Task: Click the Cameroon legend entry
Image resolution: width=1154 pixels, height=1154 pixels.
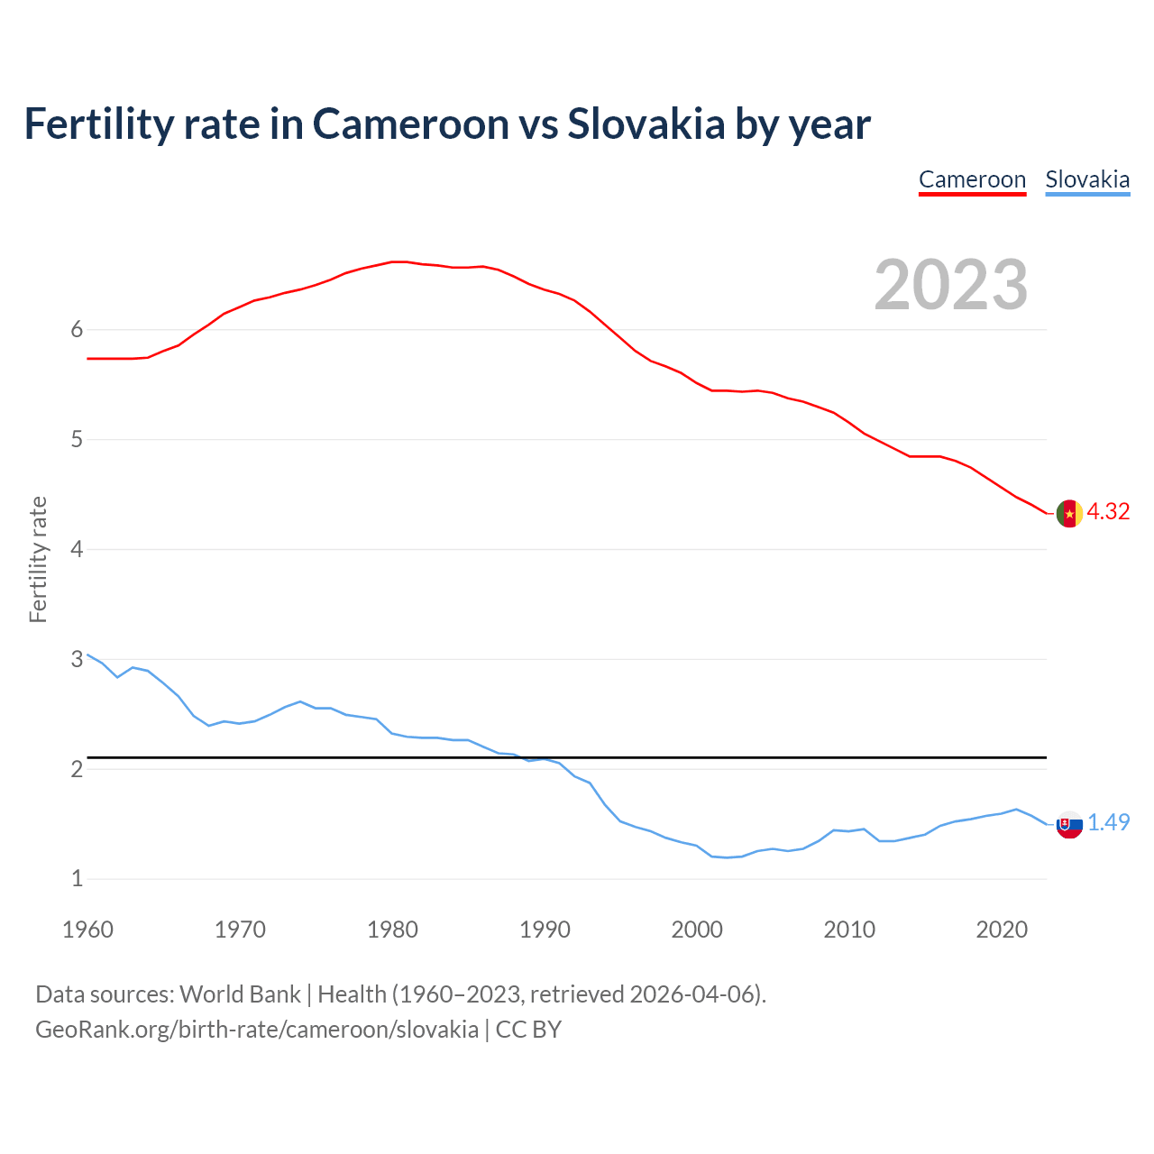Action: (972, 179)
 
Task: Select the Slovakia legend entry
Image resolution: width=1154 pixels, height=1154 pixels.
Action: (1087, 179)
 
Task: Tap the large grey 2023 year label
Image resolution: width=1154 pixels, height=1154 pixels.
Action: (950, 285)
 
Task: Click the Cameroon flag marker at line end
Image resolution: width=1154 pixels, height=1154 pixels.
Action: (1069, 513)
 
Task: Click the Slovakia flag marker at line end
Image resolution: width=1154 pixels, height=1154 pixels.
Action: (1069, 823)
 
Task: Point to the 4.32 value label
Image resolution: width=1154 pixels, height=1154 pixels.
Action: (1108, 511)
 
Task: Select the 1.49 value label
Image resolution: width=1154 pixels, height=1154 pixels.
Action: (1108, 822)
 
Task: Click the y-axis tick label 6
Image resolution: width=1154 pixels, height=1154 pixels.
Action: (77, 330)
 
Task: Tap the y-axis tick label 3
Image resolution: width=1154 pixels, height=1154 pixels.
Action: (77, 659)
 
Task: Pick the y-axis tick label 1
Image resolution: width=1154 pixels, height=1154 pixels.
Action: (77, 879)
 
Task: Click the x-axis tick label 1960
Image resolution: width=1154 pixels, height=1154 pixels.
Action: (87, 930)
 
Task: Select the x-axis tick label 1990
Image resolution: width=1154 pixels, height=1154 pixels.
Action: (545, 930)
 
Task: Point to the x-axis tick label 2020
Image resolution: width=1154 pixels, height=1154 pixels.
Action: (1002, 930)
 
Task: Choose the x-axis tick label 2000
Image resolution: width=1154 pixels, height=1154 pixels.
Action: (697, 930)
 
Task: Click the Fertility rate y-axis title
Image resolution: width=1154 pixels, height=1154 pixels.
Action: (38, 559)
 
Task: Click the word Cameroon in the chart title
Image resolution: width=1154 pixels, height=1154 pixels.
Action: (410, 124)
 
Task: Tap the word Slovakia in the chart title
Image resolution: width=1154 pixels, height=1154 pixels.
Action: (646, 124)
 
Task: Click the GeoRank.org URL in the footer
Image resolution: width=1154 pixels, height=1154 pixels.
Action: (257, 1030)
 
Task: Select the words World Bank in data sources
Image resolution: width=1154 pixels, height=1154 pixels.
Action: (240, 994)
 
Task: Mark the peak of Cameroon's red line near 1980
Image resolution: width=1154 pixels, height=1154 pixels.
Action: (399, 261)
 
